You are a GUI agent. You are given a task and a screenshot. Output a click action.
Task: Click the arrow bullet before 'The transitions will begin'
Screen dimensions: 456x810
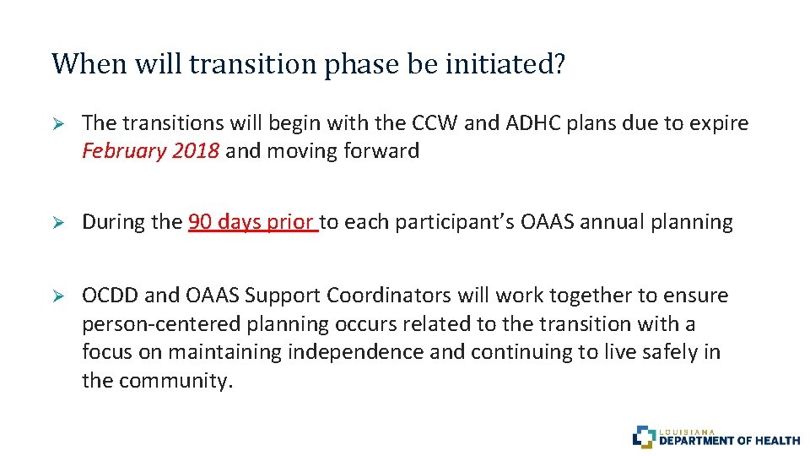(x=59, y=123)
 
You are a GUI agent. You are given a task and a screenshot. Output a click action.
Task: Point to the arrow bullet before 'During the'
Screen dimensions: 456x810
(x=59, y=223)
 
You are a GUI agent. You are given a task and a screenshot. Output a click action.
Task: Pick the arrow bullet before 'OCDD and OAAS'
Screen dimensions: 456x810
(x=59, y=296)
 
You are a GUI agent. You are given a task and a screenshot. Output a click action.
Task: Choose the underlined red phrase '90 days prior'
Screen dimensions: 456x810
(x=252, y=223)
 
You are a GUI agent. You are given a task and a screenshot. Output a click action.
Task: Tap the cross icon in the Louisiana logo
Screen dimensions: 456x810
(x=644, y=437)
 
